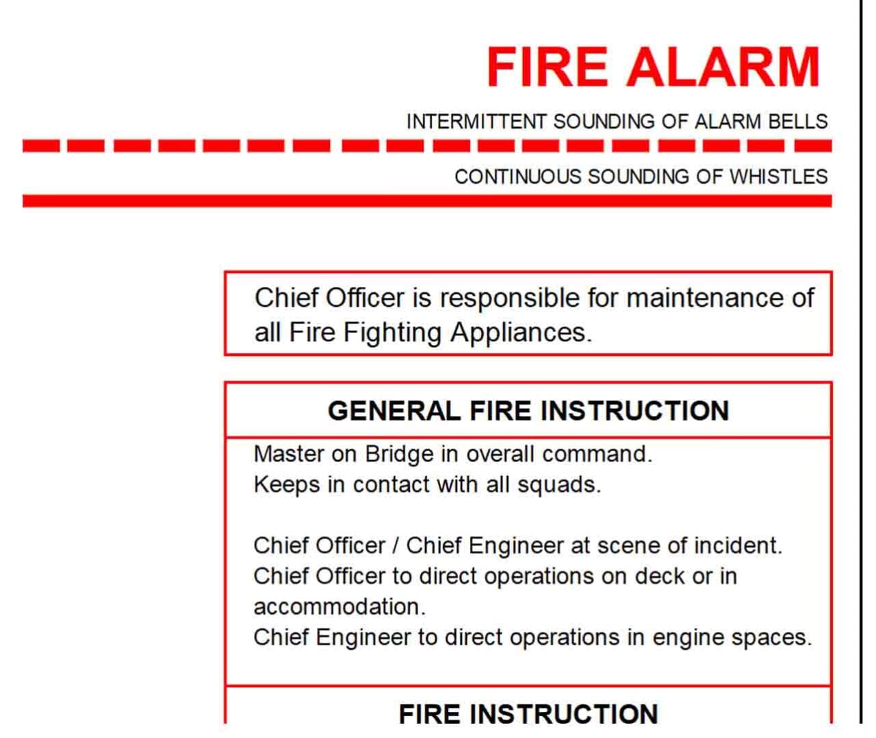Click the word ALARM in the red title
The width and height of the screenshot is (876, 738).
pos(723,67)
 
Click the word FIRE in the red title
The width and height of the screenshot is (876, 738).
pos(546,67)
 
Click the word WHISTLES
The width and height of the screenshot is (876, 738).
pos(778,177)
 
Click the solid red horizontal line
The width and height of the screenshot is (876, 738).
pos(427,201)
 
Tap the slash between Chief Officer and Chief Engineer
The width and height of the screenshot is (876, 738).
pos(396,546)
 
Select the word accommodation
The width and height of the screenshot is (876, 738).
pos(339,607)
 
